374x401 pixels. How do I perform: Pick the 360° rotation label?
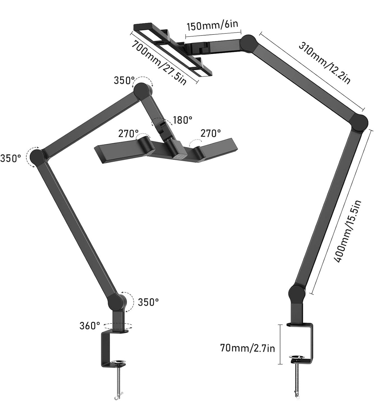[x=90, y=326]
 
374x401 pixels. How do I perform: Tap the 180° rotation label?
[x=182, y=120]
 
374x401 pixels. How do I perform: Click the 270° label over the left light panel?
[x=128, y=134]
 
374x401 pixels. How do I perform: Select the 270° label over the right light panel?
[x=210, y=133]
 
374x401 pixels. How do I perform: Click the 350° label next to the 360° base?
[x=148, y=302]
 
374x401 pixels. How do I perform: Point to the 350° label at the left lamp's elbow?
[x=10, y=158]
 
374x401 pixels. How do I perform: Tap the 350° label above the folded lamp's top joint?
[x=124, y=80]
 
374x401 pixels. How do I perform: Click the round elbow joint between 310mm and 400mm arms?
[x=358, y=122]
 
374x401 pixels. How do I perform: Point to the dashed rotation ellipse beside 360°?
[x=117, y=326]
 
